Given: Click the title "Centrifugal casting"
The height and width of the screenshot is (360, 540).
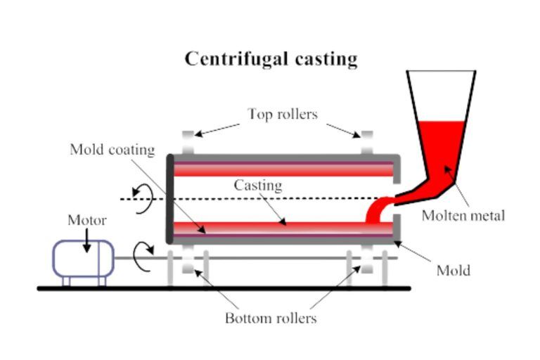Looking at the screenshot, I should point(271,58).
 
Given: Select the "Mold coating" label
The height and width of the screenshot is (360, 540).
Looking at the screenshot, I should point(112,150).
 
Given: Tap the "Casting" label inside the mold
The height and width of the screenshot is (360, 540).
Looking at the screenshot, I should point(258,186).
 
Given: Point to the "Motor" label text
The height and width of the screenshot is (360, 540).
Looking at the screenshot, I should point(87,220).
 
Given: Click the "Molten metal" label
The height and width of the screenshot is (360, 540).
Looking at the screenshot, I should point(463,216).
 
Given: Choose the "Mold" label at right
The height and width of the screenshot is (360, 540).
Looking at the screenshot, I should point(453,270).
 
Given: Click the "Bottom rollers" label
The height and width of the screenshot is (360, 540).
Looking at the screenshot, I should point(271,318).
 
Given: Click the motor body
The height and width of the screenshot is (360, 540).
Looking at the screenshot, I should point(84,258).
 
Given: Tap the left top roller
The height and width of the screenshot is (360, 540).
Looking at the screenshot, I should point(188,142).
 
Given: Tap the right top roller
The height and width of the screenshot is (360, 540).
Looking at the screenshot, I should point(367,142).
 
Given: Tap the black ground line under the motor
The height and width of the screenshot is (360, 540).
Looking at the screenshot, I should point(84,288).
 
